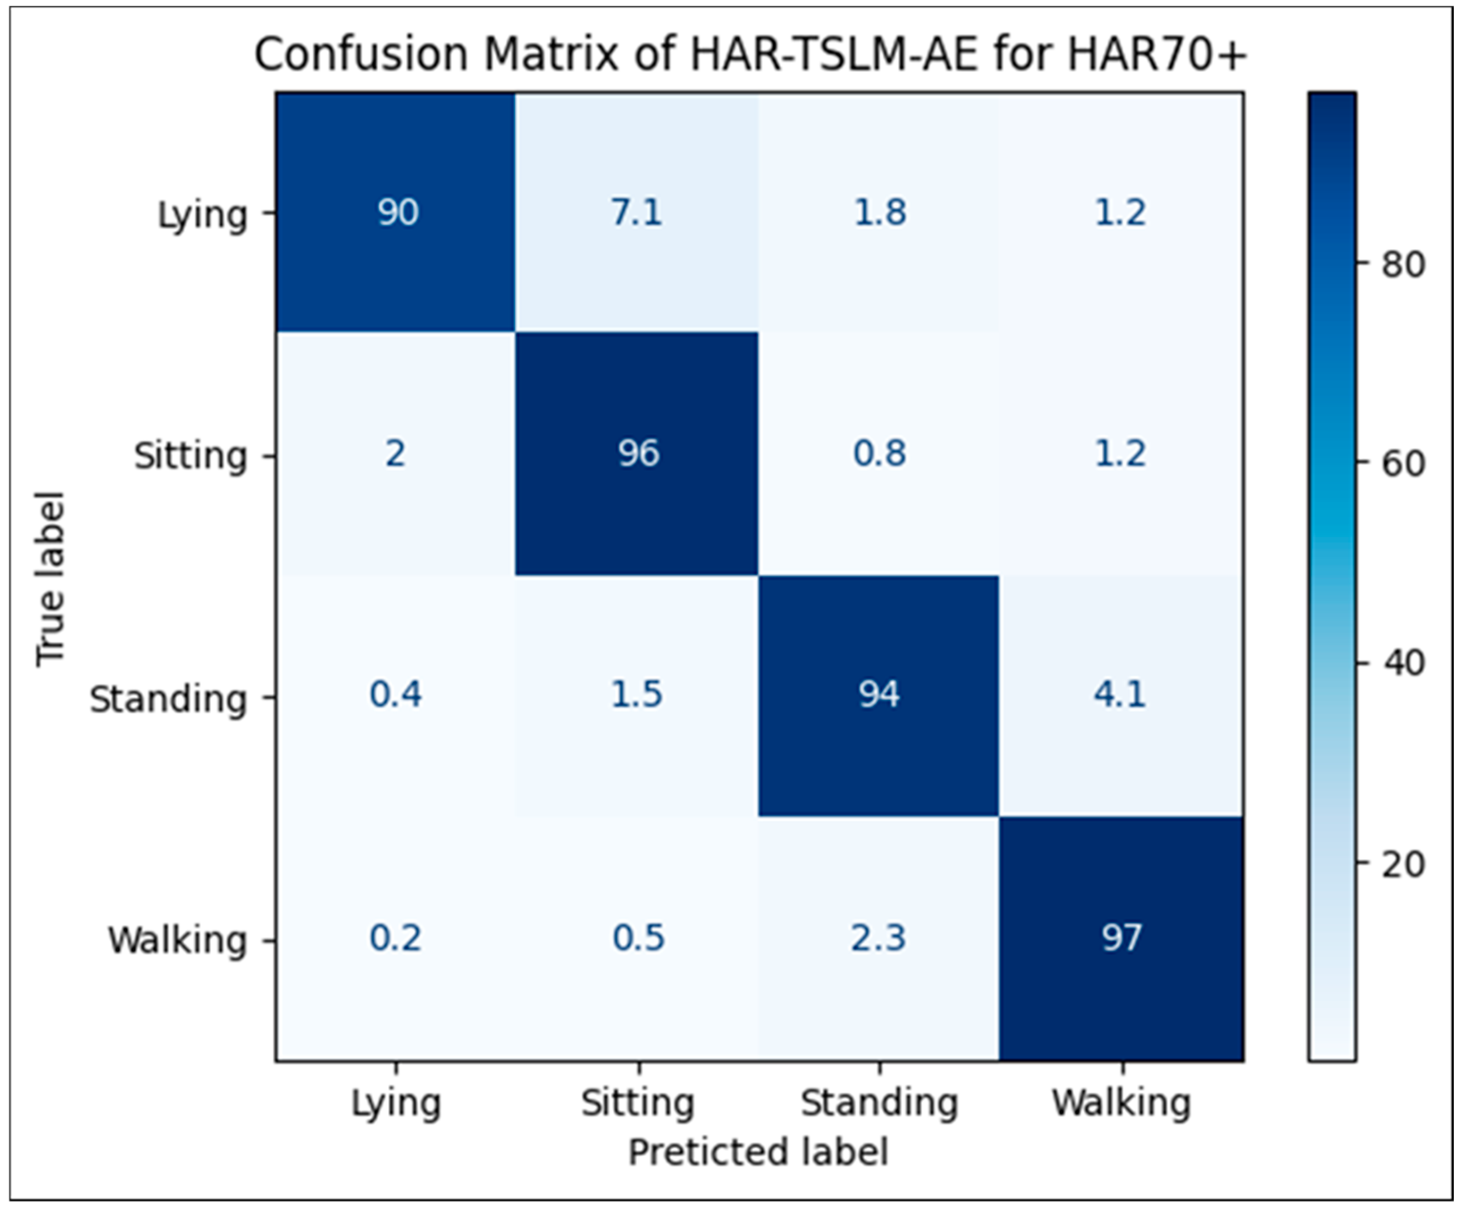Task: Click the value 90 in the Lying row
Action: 398,212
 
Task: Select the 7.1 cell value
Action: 636,212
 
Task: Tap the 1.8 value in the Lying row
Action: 879,212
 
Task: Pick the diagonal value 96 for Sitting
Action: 638,453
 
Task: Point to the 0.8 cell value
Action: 879,453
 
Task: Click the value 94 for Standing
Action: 879,695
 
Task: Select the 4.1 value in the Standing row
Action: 1120,695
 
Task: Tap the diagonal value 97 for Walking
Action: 1121,938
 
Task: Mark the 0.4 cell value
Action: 395,695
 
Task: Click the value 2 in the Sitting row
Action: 395,453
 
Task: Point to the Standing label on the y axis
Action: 168,700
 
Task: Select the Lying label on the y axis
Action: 202,216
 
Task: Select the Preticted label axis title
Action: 758,1152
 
